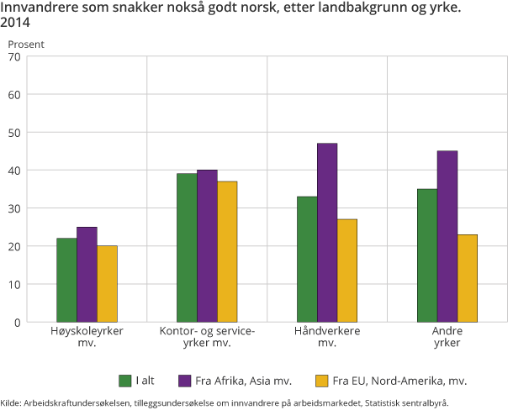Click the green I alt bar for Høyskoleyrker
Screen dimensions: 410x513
66,280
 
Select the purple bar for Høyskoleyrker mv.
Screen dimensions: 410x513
87,274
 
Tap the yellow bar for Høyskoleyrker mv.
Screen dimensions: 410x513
107,284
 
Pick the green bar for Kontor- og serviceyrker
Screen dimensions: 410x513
187,248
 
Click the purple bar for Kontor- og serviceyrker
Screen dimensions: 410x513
207,246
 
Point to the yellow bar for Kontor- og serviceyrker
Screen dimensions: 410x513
227,252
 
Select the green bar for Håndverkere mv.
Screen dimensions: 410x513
307,259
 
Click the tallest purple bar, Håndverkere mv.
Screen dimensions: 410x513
327,233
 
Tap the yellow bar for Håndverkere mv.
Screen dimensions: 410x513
347,271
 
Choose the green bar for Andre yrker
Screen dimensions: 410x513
427,255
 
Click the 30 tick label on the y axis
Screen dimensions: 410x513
14,208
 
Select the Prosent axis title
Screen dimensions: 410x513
26,42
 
